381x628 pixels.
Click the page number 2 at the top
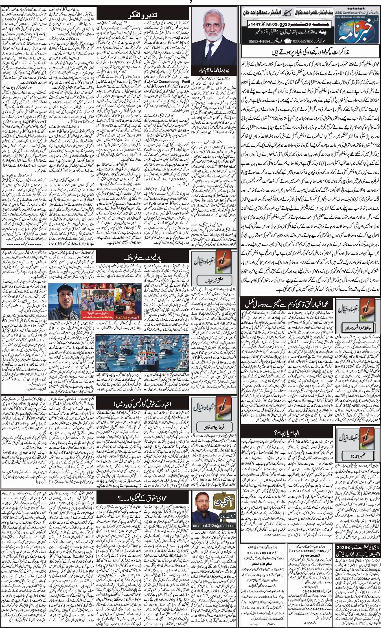pyautogui.click(x=190, y=3)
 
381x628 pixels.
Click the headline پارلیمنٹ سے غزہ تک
pyautogui.click(x=151, y=258)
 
